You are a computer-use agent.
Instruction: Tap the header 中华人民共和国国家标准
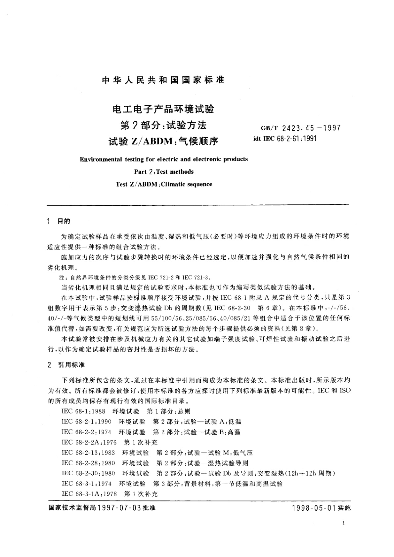pyautogui.click(x=163, y=80)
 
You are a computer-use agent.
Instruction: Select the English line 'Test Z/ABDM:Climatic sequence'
pyautogui.click(x=164, y=184)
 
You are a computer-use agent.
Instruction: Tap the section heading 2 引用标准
pyautogui.click(x=66, y=365)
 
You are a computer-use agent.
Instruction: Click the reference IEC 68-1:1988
pyautogui.click(x=83, y=411)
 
